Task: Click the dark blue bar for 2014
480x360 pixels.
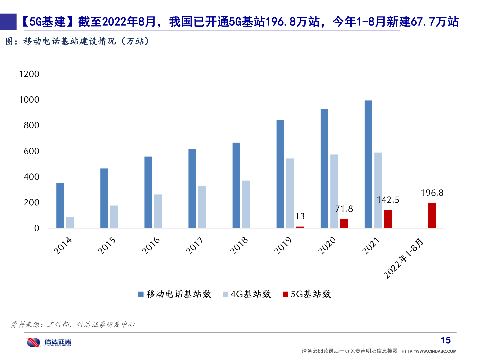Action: [60, 206]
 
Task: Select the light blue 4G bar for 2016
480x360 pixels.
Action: [158, 211]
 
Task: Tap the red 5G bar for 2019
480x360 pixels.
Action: [300, 227]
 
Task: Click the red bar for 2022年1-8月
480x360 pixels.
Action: [432, 216]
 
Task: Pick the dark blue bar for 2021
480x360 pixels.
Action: [368, 164]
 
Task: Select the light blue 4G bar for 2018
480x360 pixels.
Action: [246, 204]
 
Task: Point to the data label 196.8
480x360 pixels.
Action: [432, 193]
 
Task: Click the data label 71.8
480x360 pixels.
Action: [344, 209]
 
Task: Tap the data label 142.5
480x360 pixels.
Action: [388, 200]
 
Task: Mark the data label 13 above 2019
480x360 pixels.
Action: [300, 217]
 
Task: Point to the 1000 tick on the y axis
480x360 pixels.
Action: [29, 100]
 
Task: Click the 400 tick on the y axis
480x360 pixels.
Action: [32, 177]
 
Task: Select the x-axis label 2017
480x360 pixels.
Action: [195, 246]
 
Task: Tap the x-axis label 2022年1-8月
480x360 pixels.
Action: [404, 259]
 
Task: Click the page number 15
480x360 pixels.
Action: [446, 340]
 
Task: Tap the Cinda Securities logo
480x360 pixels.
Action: [49, 342]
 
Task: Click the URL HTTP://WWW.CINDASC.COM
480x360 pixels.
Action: [429, 351]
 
